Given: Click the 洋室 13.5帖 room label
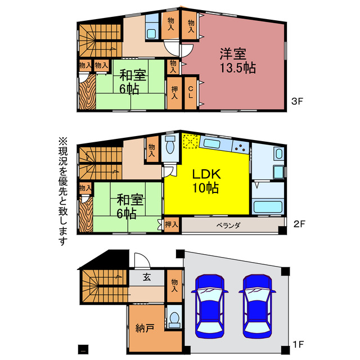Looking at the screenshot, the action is point(237,60).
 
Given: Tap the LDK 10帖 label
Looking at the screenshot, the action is point(206,181).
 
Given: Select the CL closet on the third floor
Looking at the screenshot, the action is point(191,92).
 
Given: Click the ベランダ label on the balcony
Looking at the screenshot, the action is point(228,226).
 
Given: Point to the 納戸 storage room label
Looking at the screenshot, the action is point(145,328).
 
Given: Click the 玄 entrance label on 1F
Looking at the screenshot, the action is point(147,277).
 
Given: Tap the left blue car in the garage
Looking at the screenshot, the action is point(210,306).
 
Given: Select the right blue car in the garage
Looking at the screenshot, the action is point(258,306).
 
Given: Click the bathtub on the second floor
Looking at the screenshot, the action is point(268,206).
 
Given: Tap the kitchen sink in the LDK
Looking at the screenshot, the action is point(211,144).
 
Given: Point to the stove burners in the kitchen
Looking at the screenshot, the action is point(240,147).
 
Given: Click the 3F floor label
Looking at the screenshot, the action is point(298,101).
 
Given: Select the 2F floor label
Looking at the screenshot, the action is point(299,224).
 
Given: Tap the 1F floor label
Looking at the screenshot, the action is point(299,344).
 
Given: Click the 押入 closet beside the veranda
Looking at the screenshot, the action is point(172,224).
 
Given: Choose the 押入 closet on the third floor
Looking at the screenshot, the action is point(174,93).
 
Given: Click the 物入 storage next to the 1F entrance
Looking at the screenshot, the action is point(174,286).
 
